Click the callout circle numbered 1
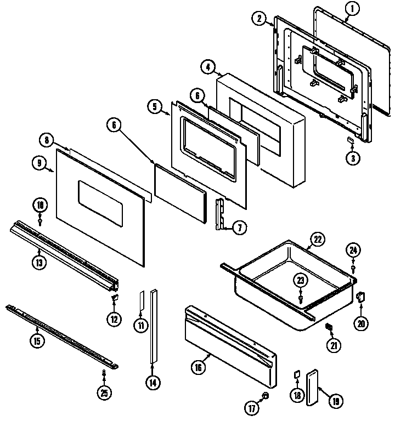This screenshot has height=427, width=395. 352,8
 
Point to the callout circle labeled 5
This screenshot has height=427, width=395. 155,106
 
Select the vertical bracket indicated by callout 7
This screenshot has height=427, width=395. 222,214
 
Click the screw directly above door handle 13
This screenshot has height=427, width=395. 41,220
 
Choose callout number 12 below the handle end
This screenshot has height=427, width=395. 114,318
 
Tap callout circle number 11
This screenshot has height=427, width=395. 141,324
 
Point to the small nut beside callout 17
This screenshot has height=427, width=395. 266,395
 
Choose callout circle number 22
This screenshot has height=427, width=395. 317,238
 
